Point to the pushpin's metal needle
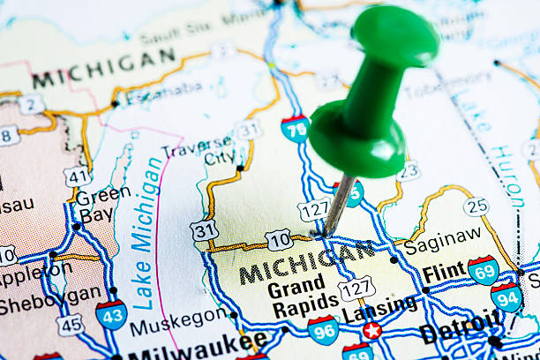337,204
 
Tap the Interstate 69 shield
483,269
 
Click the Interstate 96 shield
323,329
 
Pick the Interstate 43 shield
111,314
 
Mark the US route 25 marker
476,206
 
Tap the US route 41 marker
77,176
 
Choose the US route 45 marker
70,324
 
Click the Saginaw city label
443,239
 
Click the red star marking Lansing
371,331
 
